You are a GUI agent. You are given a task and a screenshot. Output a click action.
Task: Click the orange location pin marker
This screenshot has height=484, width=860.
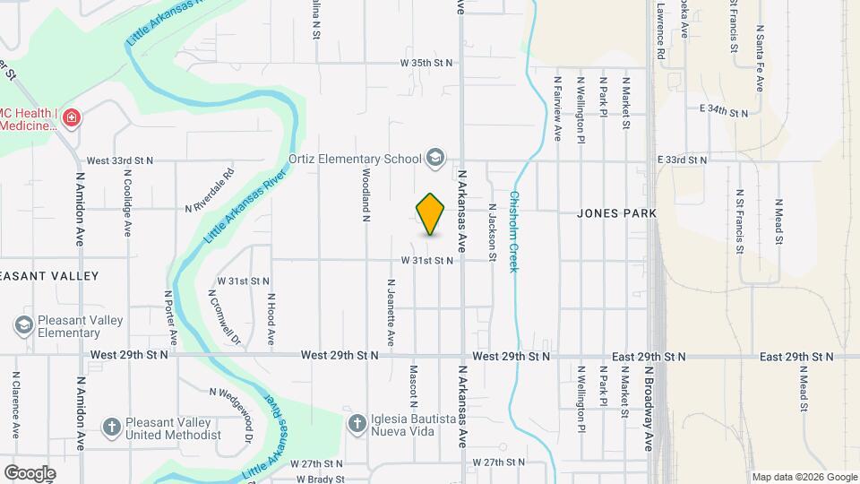coord(431,214)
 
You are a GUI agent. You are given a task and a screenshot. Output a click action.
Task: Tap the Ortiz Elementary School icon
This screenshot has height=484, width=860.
coord(435,159)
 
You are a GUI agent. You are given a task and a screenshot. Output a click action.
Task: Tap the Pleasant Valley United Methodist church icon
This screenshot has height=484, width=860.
coord(111,427)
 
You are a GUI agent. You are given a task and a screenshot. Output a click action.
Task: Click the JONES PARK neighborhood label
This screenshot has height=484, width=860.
coord(616,213)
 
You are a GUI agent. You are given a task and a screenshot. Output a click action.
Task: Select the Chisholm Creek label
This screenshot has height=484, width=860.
coord(516,232)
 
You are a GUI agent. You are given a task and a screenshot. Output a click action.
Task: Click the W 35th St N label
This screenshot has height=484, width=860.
coord(426,63)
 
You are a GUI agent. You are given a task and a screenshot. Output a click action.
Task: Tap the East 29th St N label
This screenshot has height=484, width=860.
coord(796,357)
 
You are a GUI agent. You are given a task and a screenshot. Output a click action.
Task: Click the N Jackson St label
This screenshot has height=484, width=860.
coord(492,232)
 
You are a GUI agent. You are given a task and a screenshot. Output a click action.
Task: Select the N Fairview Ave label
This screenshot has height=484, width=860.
coord(557,108)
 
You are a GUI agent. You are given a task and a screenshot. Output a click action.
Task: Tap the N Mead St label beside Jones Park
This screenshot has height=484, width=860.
coord(778,221)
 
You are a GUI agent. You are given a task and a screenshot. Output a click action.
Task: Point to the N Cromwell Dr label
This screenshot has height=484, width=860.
coord(225,317)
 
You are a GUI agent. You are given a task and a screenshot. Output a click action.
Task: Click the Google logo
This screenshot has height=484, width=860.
coord(30,472)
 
